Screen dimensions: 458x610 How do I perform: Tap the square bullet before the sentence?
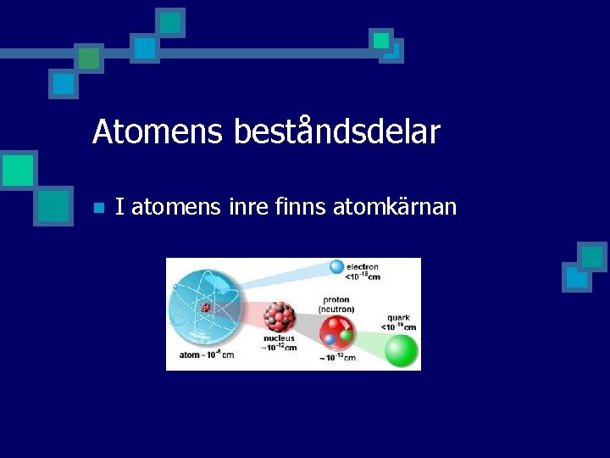click(98, 207)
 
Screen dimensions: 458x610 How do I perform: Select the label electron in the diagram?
click(363, 266)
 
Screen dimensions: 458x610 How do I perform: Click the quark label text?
click(399, 319)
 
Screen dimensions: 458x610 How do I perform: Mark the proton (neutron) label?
click(336, 304)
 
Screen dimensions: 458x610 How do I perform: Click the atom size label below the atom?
click(206, 355)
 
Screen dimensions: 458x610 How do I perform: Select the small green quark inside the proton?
click(345, 336)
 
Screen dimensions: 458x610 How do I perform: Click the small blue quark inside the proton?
click(330, 339)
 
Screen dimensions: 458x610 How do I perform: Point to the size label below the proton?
click(337, 358)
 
